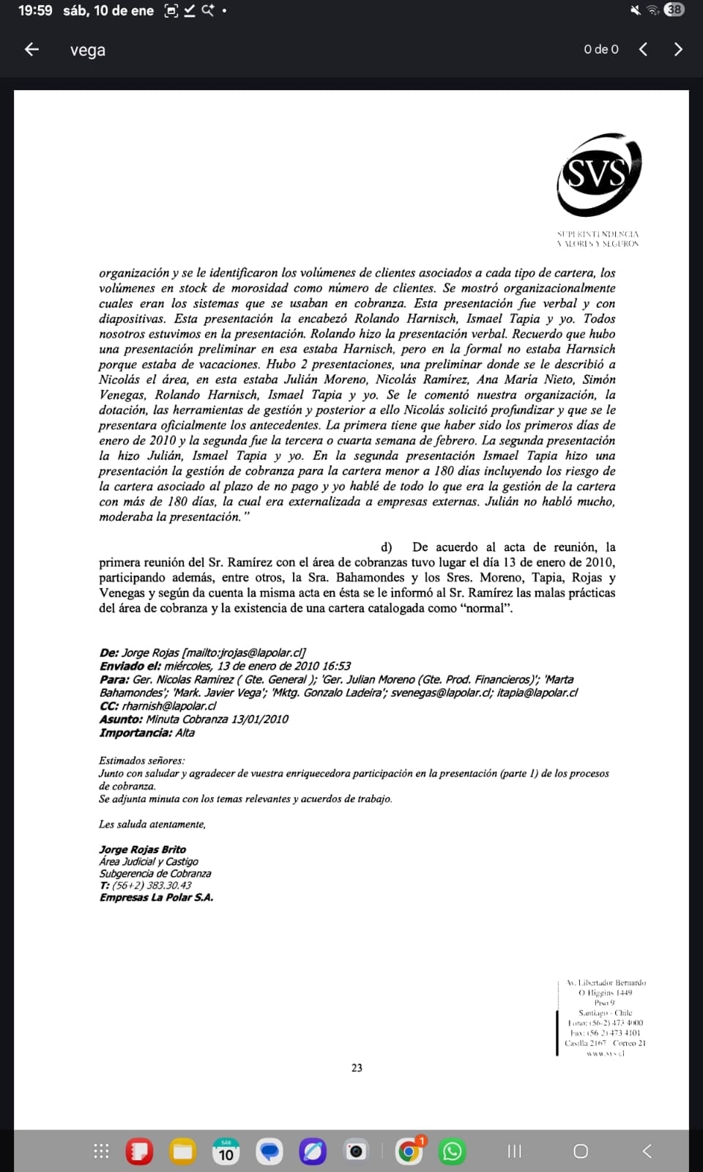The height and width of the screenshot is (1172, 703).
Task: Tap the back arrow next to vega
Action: point(31,49)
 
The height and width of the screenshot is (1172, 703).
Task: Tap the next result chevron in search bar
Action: point(678,49)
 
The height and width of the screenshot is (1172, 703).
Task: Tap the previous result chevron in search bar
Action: point(643,49)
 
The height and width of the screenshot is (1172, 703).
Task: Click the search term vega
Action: point(88,50)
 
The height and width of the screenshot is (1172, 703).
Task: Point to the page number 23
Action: point(357,1068)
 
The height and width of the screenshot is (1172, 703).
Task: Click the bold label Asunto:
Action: point(121,719)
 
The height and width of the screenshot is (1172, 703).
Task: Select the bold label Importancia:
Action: point(135,732)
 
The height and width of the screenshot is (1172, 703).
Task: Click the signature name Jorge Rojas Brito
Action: point(143,850)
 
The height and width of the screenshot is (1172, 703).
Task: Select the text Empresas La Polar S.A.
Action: point(156,897)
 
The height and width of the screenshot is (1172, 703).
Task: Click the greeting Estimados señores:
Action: point(142,760)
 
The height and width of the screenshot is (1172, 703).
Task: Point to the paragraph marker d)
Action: point(387,547)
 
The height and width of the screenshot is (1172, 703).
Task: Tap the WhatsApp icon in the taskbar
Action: point(452,1151)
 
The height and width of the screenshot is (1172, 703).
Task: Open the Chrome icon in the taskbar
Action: point(409,1151)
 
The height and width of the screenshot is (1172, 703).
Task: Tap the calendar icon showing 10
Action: point(226,1151)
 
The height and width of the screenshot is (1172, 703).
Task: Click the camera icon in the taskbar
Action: point(356,1151)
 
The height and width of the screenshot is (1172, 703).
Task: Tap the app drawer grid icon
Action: point(101,1151)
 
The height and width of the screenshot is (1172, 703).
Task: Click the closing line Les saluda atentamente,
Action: point(152,824)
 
